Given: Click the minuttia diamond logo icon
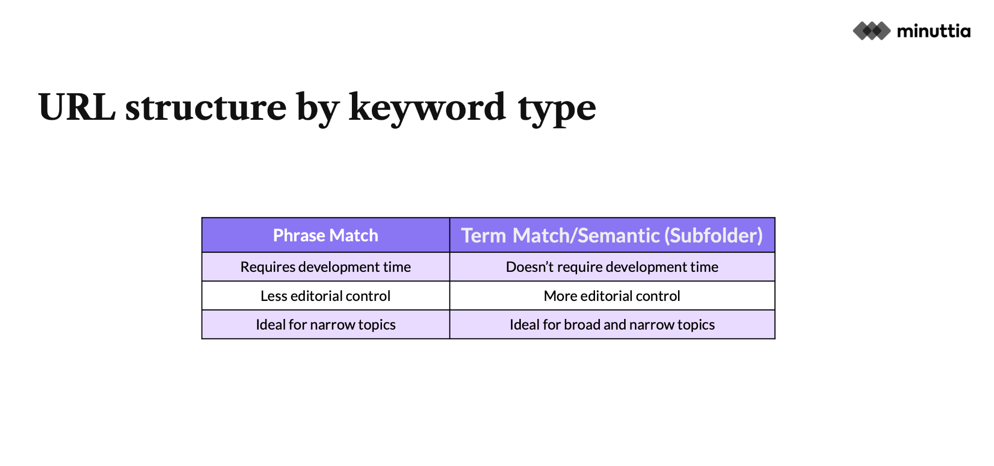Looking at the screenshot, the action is pyautogui.click(x=872, y=31).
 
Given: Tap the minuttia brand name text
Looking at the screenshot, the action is pyautogui.click(x=934, y=31).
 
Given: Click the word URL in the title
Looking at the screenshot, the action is pyautogui.click(x=77, y=107).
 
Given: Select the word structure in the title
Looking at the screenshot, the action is pyautogui.click(x=206, y=107).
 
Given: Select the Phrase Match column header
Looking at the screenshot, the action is pyautogui.click(x=326, y=235).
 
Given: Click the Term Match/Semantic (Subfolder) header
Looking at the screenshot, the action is pyautogui.click(x=612, y=235).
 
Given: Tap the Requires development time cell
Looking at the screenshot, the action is pyautogui.click(x=326, y=267).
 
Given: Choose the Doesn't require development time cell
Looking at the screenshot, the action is pyautogui.click(x=612, y=267).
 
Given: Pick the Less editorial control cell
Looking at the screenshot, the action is pyautogui.click(x=326, y=296).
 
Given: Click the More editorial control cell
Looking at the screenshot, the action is pyautogui.click(x=612, y=296).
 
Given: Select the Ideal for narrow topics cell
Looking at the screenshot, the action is pyautogui.click(x=326, y=324).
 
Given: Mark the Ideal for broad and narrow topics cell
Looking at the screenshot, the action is pyautogui.click(x=612, y=324).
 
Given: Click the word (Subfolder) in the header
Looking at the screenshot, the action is pyautogui.click(x=713, y=236).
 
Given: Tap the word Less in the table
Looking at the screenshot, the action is pyautogui.click(x=274, y=296).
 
